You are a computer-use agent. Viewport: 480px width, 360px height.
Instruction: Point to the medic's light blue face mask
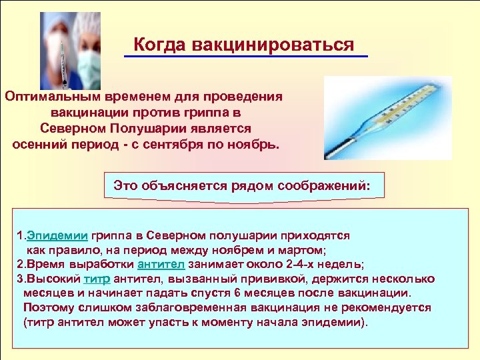(90, 63)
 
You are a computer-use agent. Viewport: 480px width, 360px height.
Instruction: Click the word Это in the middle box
(126, 185)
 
